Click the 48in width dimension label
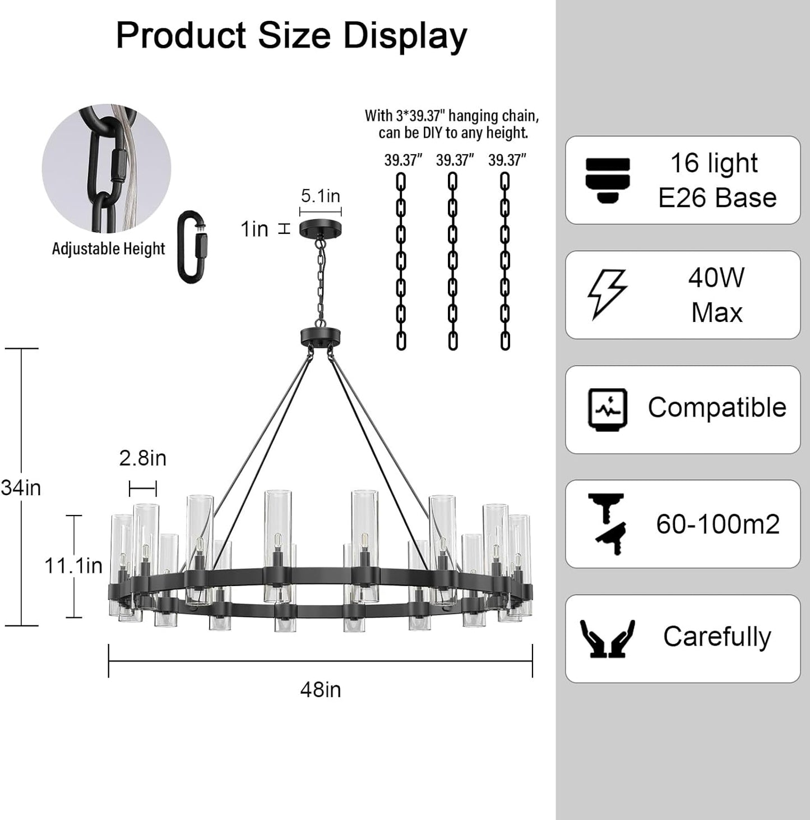320,690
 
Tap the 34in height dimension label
21,487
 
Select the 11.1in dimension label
73,565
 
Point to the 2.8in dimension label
142,458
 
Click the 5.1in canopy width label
320,196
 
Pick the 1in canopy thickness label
254,229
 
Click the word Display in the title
405,36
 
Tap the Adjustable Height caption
109,248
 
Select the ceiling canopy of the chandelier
320,230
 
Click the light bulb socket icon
608,181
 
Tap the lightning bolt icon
607,294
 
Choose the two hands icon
608,639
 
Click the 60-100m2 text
718,524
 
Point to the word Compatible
717,408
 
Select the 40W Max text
716,295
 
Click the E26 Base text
718,197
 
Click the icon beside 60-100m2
608,524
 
